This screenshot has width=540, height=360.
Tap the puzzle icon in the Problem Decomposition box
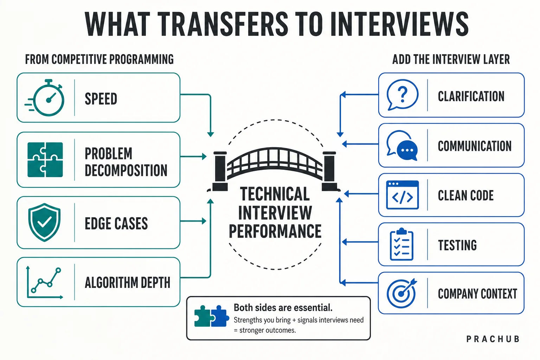click(x=45, y=160)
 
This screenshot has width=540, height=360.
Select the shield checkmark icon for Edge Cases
click(x=44, y=222)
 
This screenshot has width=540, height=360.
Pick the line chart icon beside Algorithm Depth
click(x=44, y=282)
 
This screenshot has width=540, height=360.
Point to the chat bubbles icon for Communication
click(x=402, y=145)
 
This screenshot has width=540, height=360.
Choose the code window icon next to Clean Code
click(x=402, y=195)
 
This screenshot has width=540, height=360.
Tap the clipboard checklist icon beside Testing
click(x=401, y=244)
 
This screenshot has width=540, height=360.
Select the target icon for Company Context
click(x=401, y=293)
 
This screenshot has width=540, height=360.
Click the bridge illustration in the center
click(x=274, y=169)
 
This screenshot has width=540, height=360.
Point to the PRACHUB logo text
click(x=493, y=339)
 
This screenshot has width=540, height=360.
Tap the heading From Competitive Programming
click(x=99, y=59)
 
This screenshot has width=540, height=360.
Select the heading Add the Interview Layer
click(x=451, y=59)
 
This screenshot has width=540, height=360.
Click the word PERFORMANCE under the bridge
click(x=275, y=231)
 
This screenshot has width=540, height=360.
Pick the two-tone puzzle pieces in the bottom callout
click(x=212, y=316)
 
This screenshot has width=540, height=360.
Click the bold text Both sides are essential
click(x=283, y=308)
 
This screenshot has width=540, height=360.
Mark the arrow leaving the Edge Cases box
click(x=193, y=221)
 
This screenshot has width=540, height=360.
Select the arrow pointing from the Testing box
click(x=360, y=242)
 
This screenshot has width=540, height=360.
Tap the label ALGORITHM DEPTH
click(x=128, y=283)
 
